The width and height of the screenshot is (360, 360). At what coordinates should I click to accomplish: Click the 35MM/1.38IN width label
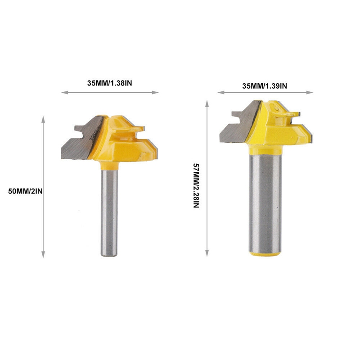point(109,83)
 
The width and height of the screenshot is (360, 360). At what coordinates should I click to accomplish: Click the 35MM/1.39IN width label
point(265,86)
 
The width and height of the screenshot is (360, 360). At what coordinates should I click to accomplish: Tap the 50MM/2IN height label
point(25,191)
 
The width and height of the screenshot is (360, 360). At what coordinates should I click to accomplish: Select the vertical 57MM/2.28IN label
point(196,185)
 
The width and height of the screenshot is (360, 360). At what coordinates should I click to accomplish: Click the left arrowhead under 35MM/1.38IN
point(64,92)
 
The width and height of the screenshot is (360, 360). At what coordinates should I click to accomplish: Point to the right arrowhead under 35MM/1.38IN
point(155,92)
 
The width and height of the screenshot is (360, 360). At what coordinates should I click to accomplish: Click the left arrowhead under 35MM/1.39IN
point(221,92)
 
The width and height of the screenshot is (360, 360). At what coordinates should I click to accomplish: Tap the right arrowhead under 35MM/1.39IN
point(310,92)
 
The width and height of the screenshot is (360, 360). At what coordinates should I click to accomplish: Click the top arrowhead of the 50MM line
point(43,119)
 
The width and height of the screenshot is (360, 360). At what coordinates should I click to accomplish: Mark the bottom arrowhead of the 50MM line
point(43,254)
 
